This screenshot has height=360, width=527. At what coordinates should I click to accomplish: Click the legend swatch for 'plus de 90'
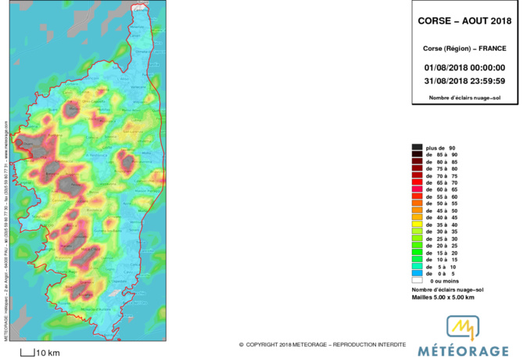[418, 147]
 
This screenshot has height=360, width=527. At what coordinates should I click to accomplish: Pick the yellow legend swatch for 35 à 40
[418, 225]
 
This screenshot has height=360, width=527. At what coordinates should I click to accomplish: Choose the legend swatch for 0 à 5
[418, 273]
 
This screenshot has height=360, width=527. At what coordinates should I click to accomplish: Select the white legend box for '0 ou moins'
[418, 280]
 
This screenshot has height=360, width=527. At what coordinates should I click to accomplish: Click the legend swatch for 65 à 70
[418, 182]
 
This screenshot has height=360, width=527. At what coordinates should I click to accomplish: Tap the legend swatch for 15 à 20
[418, 252]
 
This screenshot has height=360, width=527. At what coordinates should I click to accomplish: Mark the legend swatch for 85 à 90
[418, 154]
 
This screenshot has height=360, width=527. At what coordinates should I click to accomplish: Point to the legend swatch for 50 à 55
[418, 203]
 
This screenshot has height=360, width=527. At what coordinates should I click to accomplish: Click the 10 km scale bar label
[48, 353]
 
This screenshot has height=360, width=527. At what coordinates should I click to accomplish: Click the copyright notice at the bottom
[322, 344]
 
